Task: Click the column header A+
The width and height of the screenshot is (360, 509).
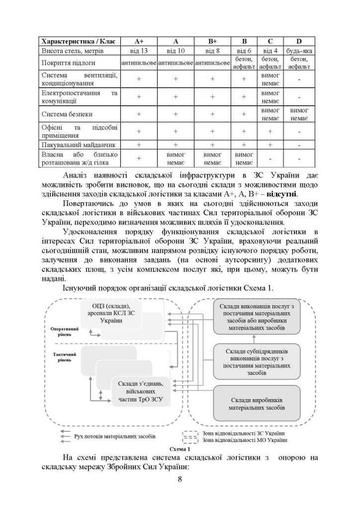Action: coord(139,41)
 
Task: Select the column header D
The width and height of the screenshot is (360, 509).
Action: coord(299,41)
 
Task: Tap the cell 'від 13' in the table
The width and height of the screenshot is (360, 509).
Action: coord(139,51)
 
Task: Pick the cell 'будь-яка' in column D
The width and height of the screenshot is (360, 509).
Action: coord(299,51)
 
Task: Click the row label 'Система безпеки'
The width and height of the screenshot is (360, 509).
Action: coord(67,114)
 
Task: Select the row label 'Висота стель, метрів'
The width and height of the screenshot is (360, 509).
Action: coord(72,51)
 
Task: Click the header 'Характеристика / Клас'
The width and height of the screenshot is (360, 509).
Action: coord(79,41)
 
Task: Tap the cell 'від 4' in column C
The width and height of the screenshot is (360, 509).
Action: coord(270,51)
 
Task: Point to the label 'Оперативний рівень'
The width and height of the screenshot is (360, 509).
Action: coord(65,331)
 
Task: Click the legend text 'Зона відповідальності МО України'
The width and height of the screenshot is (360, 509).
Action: coord(244,440)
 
